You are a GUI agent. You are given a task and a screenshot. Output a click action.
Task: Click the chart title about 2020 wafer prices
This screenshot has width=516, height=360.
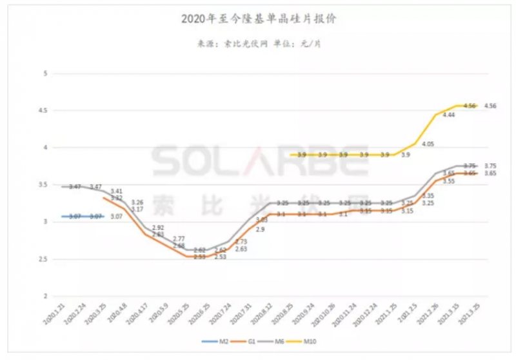(x=259, y=20)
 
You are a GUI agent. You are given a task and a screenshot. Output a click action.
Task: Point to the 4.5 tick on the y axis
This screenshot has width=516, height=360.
(x=45, y=111)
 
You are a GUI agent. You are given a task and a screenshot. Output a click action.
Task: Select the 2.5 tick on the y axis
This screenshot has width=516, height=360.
(x=45, y=260)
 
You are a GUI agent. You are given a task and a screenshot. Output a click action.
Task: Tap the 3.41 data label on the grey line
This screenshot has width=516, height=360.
(x=117, y=191)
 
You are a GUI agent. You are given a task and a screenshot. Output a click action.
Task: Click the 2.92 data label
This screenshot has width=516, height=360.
(x=158, y=228)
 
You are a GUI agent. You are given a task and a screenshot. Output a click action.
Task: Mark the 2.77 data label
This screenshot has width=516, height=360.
(x=179, y=239)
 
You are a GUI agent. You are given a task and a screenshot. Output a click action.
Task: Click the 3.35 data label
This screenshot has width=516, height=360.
(x=428, y=195)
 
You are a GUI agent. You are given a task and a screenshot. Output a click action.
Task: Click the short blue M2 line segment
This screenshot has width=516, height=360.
(x=83, y=216)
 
